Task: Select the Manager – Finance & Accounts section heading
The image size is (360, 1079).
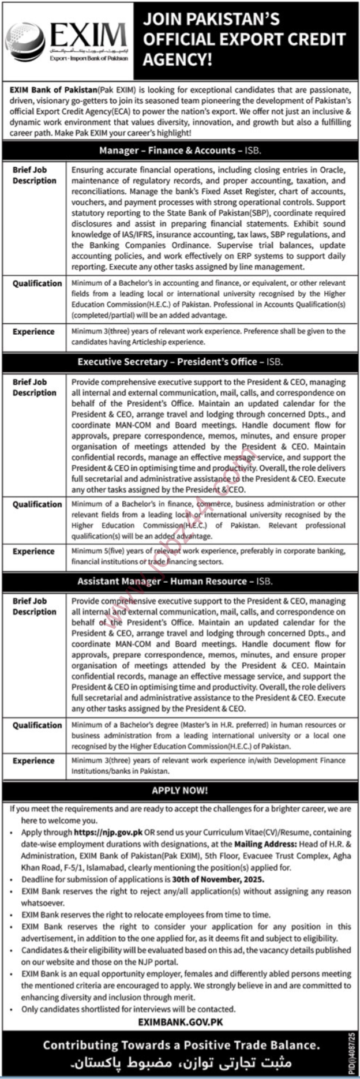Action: click(x=179, y=151)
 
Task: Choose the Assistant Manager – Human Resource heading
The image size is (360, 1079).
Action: click(x=175, y=581)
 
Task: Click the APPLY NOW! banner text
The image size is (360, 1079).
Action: click(x=179, y=790)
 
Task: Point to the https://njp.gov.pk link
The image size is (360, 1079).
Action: click(x=108, y=833)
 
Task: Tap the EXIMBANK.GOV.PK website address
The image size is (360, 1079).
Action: click(x=180, y=1022)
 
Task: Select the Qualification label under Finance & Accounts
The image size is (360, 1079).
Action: click(x=37, y=283)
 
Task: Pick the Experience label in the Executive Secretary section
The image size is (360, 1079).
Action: click(x=33, y=551)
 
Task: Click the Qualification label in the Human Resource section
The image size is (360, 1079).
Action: click(x=37, y=725)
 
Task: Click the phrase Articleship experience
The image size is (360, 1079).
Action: click(x=152, y=342)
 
